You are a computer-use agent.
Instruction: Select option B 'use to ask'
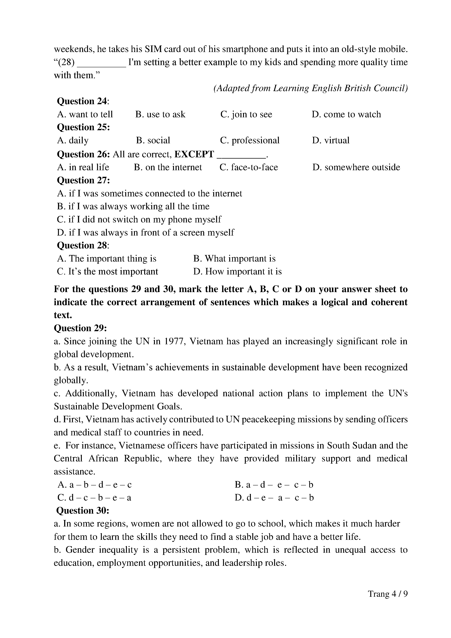click(x=160, y=114)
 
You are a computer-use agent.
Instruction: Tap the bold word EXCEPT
click(x=194, y=154)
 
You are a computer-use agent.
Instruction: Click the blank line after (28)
click(x=101, y=63)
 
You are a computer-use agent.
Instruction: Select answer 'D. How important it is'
click(x=237, y=272)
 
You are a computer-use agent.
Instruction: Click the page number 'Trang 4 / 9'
click(x=388, y=602)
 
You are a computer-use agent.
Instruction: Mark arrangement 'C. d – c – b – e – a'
click(x=94, y=498)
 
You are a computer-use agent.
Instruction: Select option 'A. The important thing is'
click(x=107, y=259)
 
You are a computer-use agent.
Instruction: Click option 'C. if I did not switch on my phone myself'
click(x=139, y=220)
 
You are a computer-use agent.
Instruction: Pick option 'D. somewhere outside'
click(x=356, y=167)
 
